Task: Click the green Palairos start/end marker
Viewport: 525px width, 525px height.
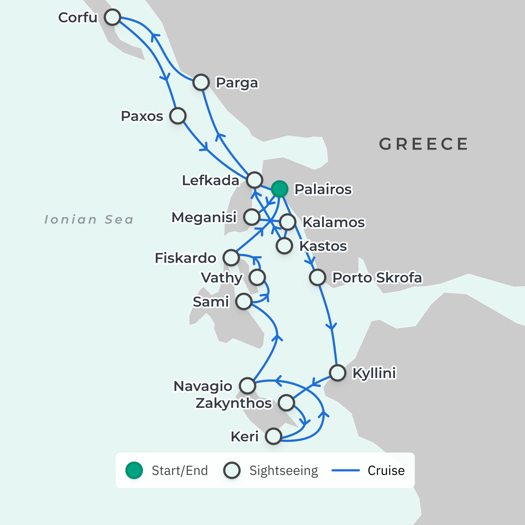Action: tap(279, 189)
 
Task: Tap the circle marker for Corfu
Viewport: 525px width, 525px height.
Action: tap(112, 17)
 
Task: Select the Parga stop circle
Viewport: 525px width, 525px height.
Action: tap(201, 82)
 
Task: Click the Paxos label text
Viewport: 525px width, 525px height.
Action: tap(142, 116)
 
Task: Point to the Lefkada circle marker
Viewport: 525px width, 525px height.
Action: tap(255, 180)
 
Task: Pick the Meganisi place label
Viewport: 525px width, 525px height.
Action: tap(204, 217)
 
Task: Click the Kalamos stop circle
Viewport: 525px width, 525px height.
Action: tap(288, 222)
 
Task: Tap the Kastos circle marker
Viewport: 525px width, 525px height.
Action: tap(284, 246)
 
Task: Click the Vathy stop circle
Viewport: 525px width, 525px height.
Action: tap(257, 277)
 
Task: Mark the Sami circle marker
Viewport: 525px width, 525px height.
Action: tap(244, 301)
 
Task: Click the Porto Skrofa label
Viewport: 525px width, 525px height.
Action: tap(377, 277)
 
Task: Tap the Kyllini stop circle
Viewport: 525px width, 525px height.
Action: tap(338, 373)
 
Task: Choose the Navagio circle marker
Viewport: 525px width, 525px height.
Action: tap(247, 385)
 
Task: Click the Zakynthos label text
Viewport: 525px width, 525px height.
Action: tap(233, 403)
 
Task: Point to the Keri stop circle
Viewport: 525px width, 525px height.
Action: tap(273, 436)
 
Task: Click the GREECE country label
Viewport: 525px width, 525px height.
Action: tap(423, 144)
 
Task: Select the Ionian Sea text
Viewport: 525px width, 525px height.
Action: tap(89, 219)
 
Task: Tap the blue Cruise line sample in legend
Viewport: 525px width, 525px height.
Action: tap(346, 470)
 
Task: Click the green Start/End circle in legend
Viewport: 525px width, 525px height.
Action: tap(134, 470)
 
